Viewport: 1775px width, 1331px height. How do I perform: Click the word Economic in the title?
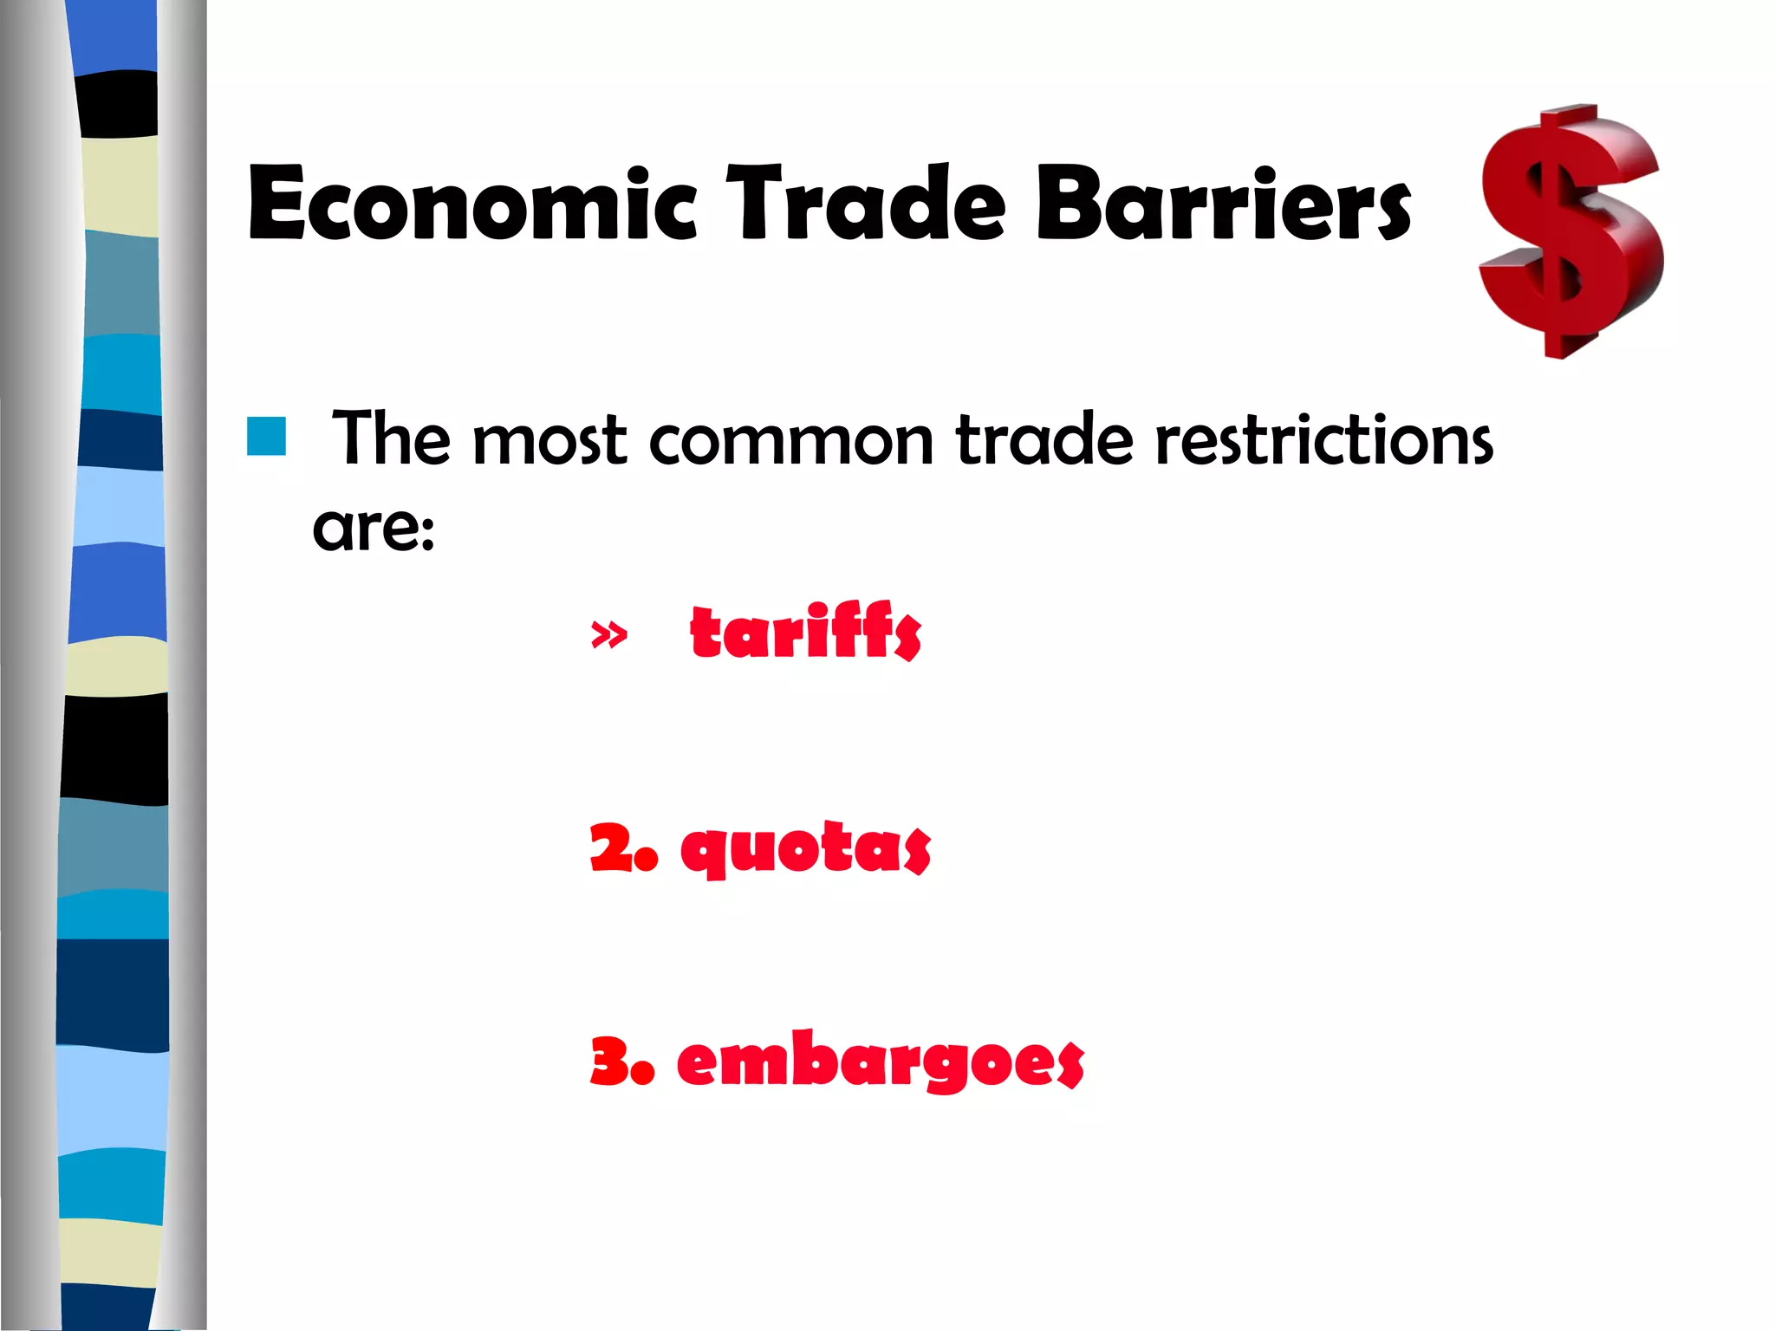pos(472,204)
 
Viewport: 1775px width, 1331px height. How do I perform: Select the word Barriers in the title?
pos(1223,204)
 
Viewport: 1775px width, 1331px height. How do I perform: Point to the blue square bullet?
pos(266,436)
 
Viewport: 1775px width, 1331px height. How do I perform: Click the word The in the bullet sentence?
pos(392,439)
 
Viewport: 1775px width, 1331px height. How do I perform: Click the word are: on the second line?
pos(374,528)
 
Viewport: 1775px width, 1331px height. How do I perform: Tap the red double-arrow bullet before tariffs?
pos(608,635)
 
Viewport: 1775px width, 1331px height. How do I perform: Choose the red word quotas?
pos(805,849)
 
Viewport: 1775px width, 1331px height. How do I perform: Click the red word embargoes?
pos(880,1061)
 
